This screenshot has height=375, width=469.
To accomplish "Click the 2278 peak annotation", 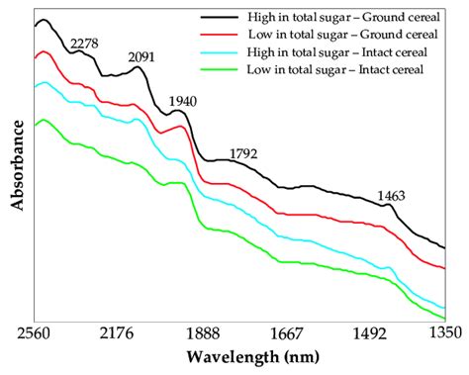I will tap(86, 43).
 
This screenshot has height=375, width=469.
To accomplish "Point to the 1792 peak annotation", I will tap(245, 153).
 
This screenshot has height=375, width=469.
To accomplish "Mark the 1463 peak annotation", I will tap(392, 196).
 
